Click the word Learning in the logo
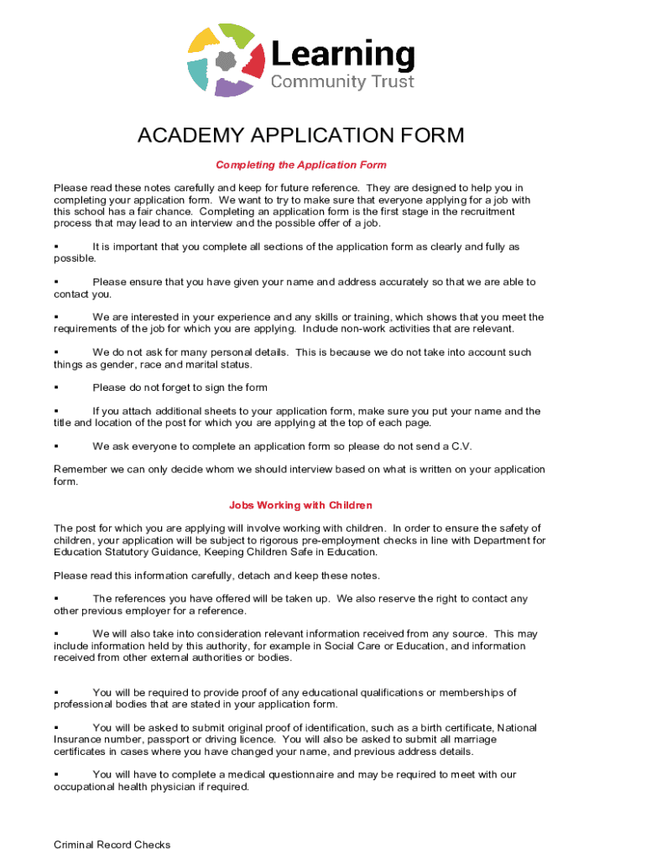pyautogui.click(x=341, y=55)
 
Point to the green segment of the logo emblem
pyautogui.click(x=237, y=34)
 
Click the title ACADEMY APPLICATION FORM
pyautogui.click(x=300, y=137)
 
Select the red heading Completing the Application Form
pyautogui.click(x=300, y=165)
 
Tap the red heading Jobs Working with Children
pyautogui.click(x=300, y=506)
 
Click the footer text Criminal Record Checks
pyautogui.click(x=112, y=845)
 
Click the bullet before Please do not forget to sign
pyautogui.click(x=55, y=388)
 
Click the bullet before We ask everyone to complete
pyautogui.click(x=55, y=446)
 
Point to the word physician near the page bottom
pyautogui.click(x=177, y=787)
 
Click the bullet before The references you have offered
pyautogui.click(x=55, y=599)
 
